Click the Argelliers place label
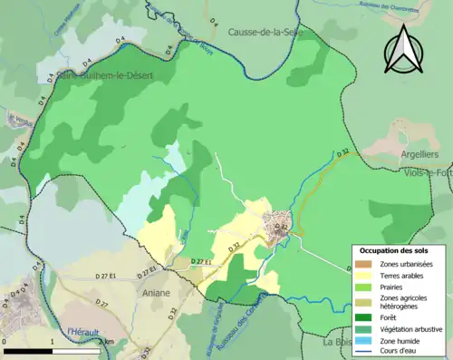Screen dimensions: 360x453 coord(424,155)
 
